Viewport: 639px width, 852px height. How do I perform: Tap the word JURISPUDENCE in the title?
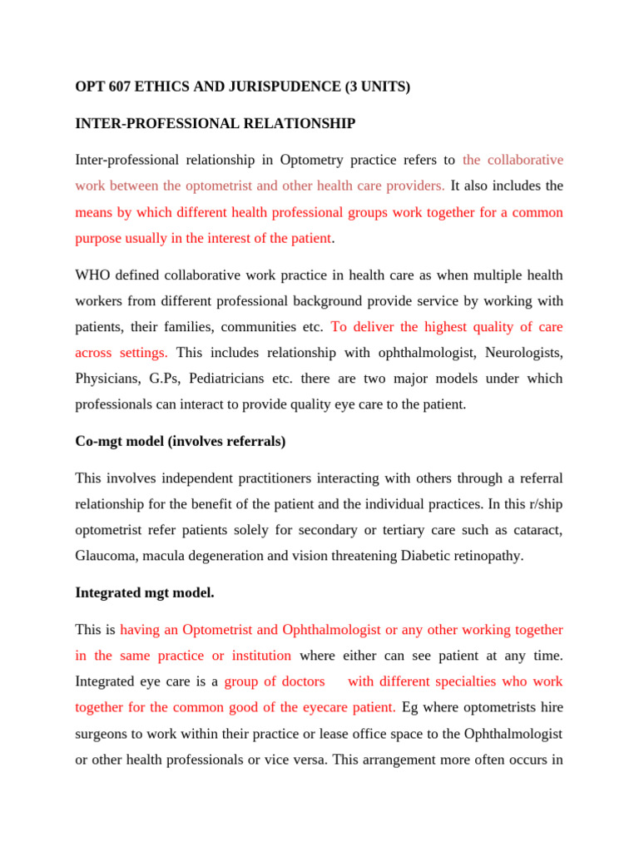(263, 86)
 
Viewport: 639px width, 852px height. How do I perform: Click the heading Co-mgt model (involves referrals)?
(180, 441)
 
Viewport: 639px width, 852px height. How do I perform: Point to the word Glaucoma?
(103, 556)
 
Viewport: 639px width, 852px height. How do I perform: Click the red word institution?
(258, 656)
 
